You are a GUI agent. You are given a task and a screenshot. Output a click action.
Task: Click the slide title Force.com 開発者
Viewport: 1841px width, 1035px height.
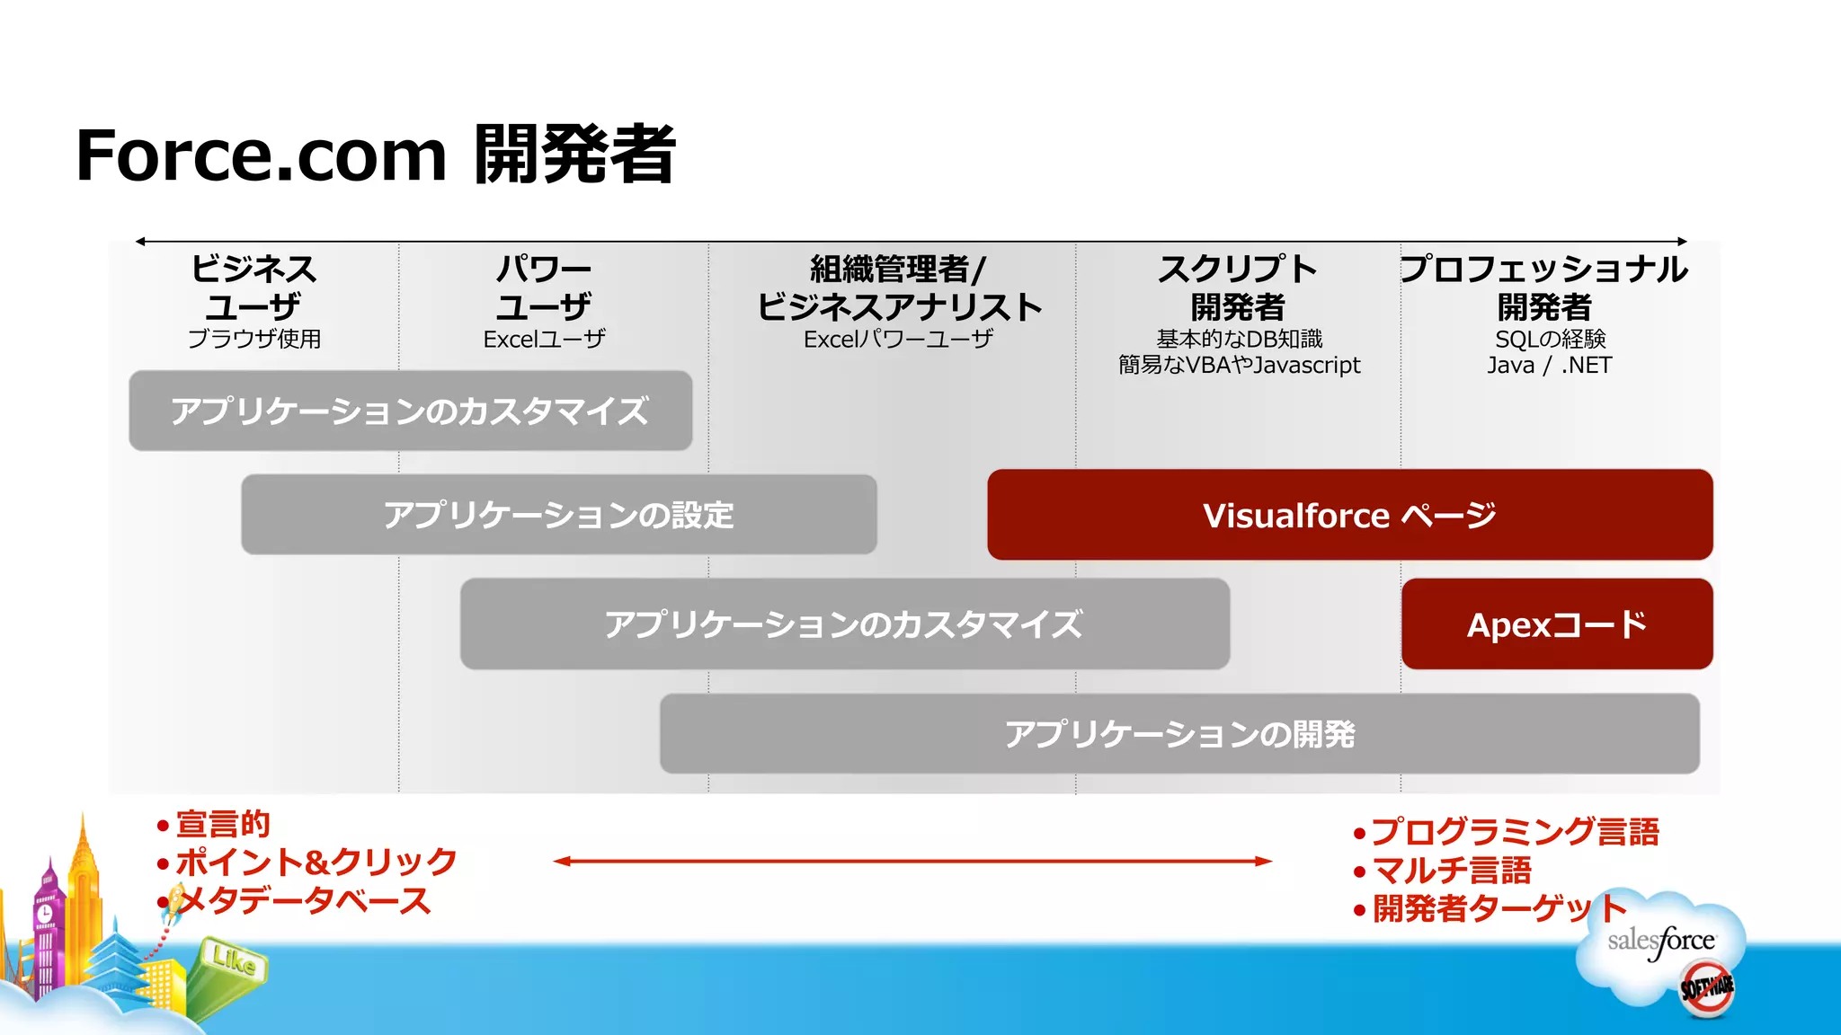[x=375, y=155]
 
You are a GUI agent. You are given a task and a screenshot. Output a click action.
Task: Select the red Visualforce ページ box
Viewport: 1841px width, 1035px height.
[x=1349, y=515]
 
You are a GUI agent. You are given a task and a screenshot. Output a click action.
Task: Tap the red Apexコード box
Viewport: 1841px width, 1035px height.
[x=1556, y=624]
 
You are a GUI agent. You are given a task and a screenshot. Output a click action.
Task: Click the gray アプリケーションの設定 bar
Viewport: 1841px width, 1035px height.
[x=558, y=515]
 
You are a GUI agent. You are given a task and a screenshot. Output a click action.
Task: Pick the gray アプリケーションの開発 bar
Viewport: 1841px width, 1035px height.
[x=1178, y=734]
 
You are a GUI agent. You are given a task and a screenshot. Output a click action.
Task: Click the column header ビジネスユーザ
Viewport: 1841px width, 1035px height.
[x=253, y=287]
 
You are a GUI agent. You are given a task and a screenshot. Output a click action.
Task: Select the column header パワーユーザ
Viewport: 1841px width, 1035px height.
[x=544, y=287]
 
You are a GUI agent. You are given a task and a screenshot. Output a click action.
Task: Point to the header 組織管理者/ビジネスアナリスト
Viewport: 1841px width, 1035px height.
[x=899, y=287]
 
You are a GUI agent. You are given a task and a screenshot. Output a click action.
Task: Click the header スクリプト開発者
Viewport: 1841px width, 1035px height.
[x=1238, y=287]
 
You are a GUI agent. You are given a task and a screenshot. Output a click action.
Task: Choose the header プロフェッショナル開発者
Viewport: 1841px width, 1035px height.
[x=1543, y=287]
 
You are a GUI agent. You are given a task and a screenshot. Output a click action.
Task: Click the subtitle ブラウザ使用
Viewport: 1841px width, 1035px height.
[x=253, y=339]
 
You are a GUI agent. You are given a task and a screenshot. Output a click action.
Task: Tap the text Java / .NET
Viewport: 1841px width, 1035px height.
[x=1549, y=366]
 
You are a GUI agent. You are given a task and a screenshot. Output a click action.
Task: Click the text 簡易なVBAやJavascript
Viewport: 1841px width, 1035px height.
[x=1239, y=366]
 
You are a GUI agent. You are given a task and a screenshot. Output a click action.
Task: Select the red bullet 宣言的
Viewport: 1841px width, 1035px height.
[x=222, y=824]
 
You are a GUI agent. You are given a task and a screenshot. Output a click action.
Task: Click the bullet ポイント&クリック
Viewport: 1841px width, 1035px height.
[x=316, y=862]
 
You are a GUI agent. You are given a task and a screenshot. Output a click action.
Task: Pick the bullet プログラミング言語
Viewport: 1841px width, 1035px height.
[x=1515, y=832]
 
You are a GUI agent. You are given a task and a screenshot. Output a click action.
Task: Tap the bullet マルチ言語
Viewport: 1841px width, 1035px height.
[x=1451, y=871]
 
